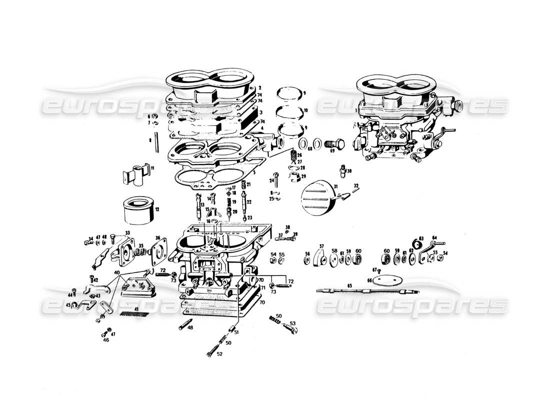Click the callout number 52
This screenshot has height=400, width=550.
point(219,354)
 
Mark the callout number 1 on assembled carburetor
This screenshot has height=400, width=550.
point(356,109)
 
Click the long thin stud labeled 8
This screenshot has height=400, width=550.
point(157,141)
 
